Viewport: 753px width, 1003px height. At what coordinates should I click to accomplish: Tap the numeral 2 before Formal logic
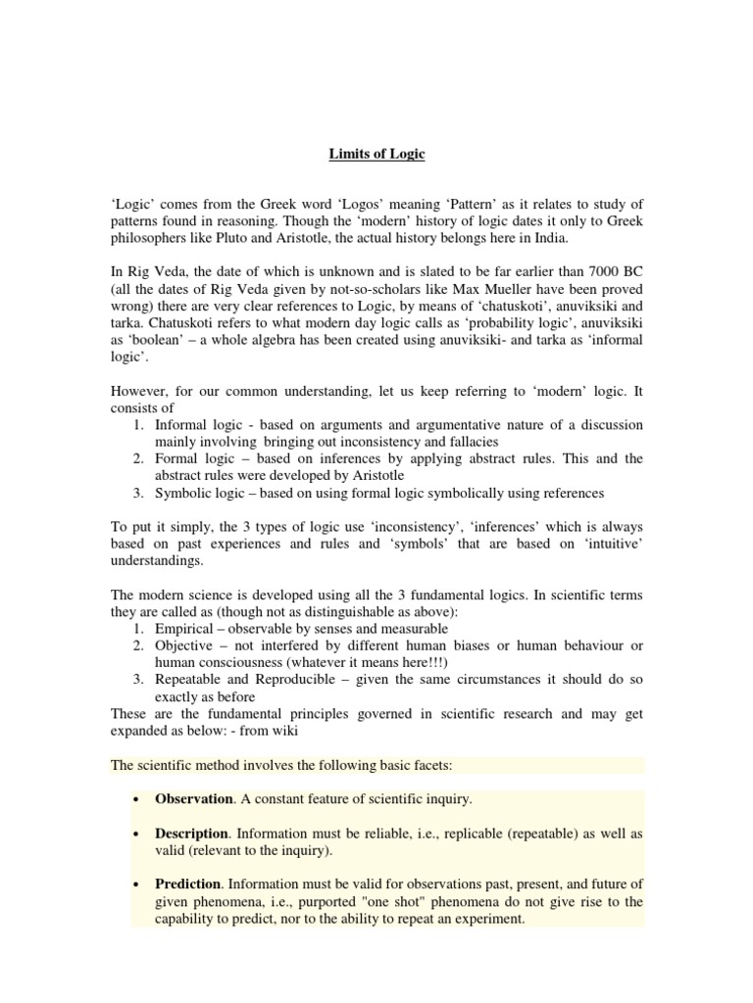point(136,459)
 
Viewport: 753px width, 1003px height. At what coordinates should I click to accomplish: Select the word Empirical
point(185,629)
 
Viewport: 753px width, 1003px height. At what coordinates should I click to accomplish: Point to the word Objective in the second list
point(185,646)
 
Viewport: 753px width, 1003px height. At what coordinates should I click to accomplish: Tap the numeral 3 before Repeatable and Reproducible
point(136,681)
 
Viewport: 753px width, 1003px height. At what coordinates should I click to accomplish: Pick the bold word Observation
point(194,799)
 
